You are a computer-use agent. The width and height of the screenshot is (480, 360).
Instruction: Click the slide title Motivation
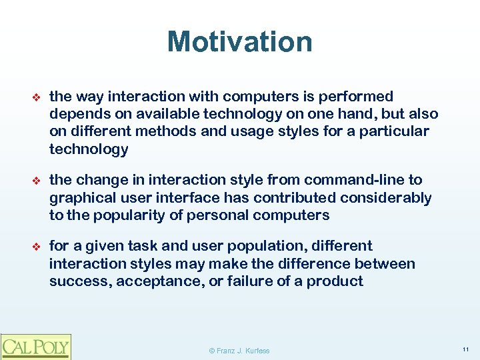[239, 41]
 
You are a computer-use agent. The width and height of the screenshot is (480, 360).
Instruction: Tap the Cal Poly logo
[35, 346]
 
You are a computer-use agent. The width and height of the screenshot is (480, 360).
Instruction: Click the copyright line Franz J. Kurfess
[239, 350]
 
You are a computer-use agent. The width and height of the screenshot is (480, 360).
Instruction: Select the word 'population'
[282, 246]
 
